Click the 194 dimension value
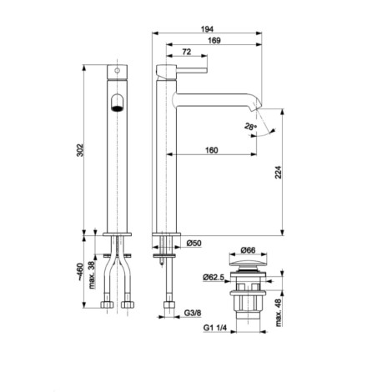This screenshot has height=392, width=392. coord(207,28)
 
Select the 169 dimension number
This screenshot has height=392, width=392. coord(214,40)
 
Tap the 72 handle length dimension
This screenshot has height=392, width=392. coord(187,52)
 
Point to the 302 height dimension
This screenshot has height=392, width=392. coord(80,150)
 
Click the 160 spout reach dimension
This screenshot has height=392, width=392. coord(212,150)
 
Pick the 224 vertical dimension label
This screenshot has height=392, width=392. coord(279,173)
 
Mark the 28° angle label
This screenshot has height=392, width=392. coord(250,127)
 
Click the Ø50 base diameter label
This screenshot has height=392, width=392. coord(193,244)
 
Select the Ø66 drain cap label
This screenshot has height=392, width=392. coord(248,250)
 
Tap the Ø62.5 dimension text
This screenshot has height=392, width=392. coord(214,277)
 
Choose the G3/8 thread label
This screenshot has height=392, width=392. coord(193,313)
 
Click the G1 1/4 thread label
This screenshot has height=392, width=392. coord(215,328)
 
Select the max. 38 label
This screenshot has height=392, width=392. coord(92,274)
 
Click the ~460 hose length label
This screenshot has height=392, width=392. coord(80,272)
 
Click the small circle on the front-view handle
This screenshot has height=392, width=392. coord(118,71)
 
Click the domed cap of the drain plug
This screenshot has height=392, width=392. coord(248,264)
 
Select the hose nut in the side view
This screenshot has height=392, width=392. coord(169,304)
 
